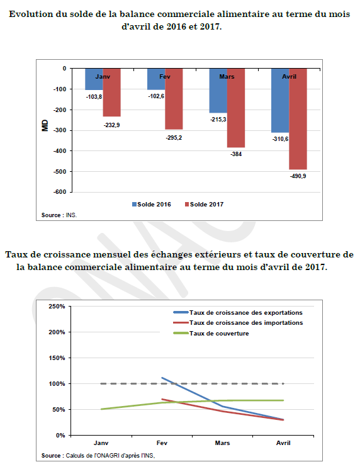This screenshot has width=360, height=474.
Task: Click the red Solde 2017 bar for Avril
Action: [298, 119]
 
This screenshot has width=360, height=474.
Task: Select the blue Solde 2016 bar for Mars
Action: [218, 91]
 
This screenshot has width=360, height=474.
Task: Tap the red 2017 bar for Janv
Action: [112, 93]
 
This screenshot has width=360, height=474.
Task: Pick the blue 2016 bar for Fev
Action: [156, 79]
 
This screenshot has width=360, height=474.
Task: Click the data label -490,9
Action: [298, 176]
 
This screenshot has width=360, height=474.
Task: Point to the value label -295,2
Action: [174, 138]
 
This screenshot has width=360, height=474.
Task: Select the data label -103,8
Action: [94, 97]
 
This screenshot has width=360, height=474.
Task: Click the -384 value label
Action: [236, 154]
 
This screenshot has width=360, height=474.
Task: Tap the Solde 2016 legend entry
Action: [152, 205]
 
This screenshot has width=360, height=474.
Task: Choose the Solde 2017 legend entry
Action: [204, 205]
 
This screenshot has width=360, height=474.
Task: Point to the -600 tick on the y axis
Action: [60, 192]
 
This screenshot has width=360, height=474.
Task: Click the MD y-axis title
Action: [45, 126]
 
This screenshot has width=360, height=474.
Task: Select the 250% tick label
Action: [57, 307]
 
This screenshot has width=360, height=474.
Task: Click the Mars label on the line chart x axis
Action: [222, 443]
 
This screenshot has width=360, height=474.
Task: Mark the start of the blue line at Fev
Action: [162, 378]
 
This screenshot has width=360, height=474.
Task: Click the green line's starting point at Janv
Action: [101, 409]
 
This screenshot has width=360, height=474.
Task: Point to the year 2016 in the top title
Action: [176, 27]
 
